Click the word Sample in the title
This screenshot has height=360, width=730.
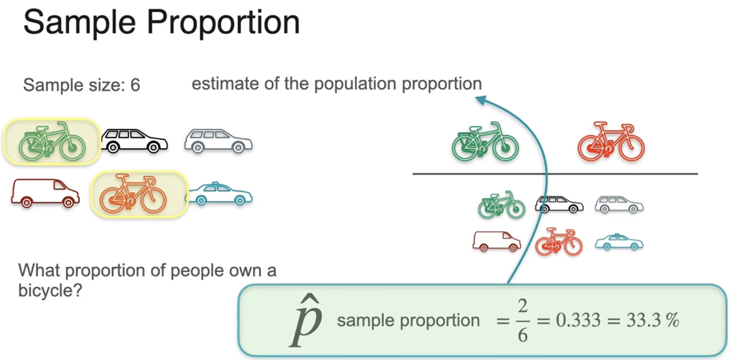78,23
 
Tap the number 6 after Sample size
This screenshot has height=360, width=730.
135,86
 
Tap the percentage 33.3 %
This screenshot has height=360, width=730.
652,320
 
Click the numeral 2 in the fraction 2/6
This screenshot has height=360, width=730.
522,308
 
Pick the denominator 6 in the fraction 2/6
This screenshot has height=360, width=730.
522,334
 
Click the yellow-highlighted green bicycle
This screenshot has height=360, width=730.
52,140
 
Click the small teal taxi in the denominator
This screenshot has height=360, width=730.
619,242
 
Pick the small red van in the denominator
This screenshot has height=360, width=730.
496,242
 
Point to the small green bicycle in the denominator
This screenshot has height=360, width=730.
501,205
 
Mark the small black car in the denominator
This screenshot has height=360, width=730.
559,205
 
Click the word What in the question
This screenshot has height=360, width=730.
36,271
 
